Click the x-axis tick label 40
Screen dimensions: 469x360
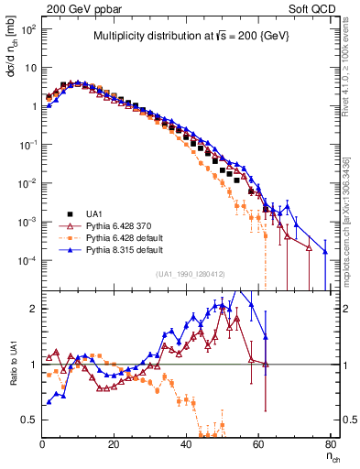pos(185,444)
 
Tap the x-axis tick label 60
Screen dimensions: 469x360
pos(257,444)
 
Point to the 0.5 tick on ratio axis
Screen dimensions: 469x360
pos(29,420)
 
